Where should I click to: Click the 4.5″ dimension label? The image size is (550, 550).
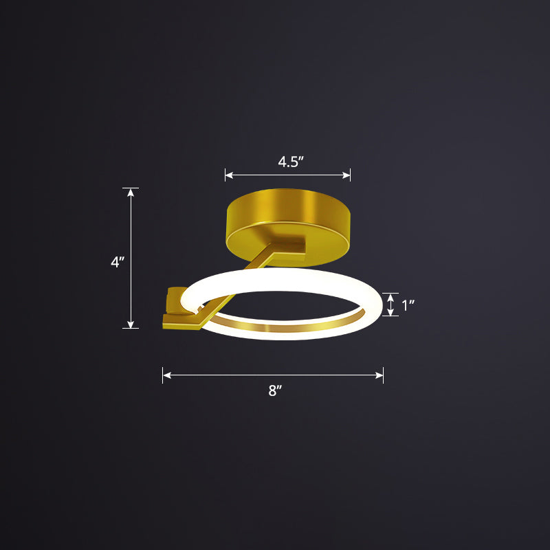pos(291,162)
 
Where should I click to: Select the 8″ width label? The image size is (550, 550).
pos(275,391)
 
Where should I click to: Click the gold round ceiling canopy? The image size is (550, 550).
pos(288,220)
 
